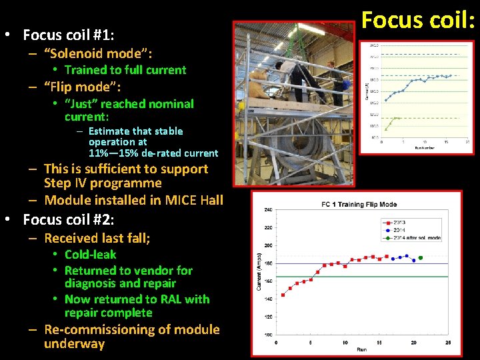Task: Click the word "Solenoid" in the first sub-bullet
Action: (75, 53)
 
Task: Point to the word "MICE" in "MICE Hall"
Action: (182, 200)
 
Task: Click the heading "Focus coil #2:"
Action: (69, 220)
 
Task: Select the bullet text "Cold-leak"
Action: (90, 255)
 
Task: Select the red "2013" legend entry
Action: (399, 222)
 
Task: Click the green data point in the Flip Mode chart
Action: (420, 257)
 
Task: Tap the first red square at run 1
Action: (283, 295)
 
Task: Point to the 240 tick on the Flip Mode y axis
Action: (268, 209)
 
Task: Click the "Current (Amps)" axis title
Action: (258, 272)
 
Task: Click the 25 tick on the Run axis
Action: (448, 343)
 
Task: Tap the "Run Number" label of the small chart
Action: (424, 146)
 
